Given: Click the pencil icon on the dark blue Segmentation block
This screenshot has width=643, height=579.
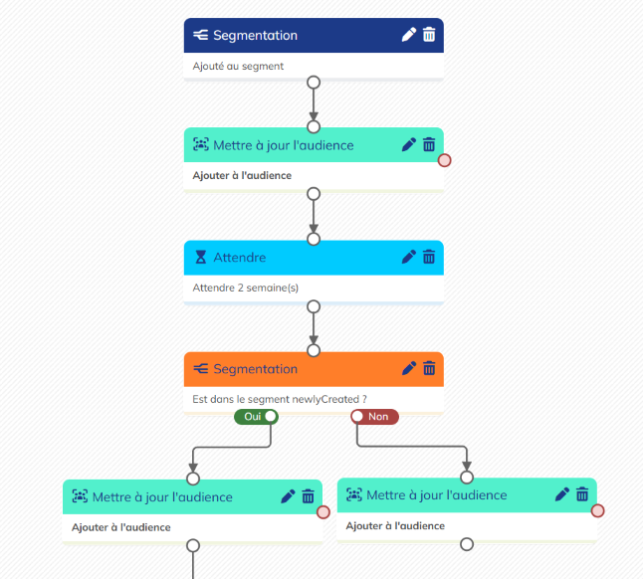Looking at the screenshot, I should [x=408, y=35].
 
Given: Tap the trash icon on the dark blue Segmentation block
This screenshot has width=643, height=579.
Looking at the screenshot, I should [x=429, y=35].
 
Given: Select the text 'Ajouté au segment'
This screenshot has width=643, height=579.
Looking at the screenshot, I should [x=238, y=67].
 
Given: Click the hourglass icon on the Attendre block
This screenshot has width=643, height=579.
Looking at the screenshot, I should [x=201, y=258].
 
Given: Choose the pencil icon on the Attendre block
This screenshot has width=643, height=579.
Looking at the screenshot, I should [x=408, y=257].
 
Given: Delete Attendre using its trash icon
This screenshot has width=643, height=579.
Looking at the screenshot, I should [x=429, y=257].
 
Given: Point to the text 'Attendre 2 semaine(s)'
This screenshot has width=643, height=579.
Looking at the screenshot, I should [x=246, y=289].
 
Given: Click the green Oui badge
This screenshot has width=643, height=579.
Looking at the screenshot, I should [x=255, y=417].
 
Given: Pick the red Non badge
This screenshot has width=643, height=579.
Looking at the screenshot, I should [x=375, y=417].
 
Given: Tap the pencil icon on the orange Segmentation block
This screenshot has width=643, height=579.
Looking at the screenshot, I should [x=408, y=368].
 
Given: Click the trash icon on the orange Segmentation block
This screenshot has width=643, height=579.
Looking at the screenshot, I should [x=429, y=368].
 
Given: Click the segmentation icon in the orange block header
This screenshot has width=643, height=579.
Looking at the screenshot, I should [x=201, y=369].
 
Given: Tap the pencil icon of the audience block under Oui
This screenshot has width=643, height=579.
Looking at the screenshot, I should [x=288, y=496].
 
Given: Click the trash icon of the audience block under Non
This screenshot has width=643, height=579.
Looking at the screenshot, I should [x=582, y=494].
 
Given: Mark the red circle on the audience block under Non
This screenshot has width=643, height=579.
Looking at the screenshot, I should [x=597, y=511].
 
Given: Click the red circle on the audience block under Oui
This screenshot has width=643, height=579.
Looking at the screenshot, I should [x=322, y=513].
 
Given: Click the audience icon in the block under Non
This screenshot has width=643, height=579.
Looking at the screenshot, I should [x=353, y=494].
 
